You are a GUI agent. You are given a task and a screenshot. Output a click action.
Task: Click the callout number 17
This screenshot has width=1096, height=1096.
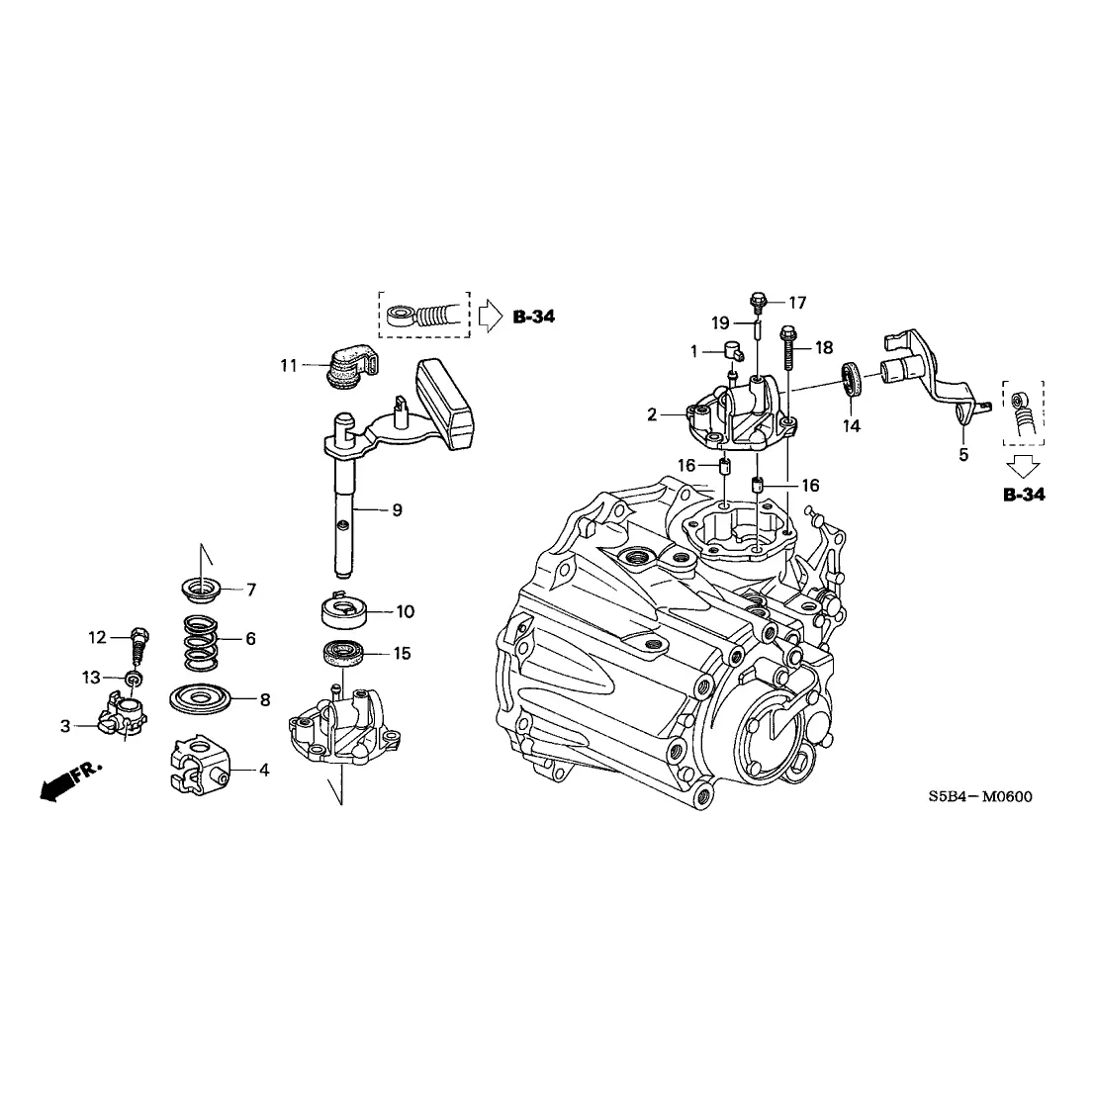click(x=797, y=303)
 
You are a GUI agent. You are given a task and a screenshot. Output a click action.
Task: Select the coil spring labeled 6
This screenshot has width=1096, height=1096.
click(x=201, y=642)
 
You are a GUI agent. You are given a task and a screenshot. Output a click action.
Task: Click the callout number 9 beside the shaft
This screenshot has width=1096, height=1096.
click(x=397, y=510)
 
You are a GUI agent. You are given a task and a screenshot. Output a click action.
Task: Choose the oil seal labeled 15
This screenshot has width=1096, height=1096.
click(x=345, y=654)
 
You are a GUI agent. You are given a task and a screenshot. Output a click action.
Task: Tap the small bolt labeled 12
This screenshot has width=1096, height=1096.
click(x=139, y=642)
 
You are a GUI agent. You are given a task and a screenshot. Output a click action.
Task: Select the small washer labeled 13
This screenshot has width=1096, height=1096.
click(x=133, y=678)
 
